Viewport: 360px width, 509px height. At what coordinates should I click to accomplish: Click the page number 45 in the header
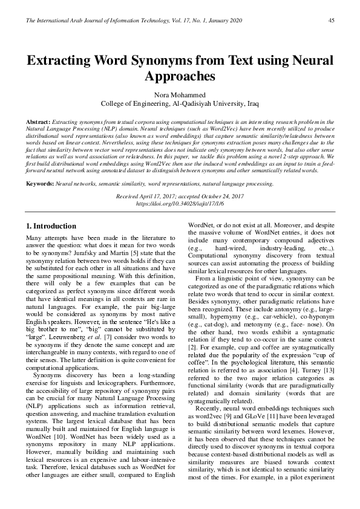point(331,21)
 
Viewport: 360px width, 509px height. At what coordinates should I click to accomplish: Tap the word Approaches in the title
point(180,77)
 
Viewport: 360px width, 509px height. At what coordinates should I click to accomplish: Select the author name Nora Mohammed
point(180,95)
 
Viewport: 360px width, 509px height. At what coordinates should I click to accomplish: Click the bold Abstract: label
point(39,122)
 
